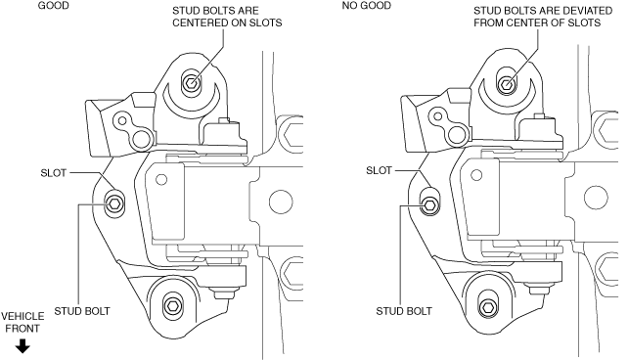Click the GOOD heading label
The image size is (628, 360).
coord(53,6)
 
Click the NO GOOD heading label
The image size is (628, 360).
coord(367,6)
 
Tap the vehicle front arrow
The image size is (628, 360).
coord(22,346)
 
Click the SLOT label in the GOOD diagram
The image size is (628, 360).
coord(53,173)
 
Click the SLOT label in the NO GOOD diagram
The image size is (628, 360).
coord(379,170)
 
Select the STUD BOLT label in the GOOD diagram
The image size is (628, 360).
coord(82,311)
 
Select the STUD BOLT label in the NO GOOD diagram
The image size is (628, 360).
coord(404,311)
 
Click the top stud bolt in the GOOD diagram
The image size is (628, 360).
coord(191,83)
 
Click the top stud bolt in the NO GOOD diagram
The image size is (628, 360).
coord(507,84)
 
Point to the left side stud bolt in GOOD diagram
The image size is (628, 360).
coord(113,204)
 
